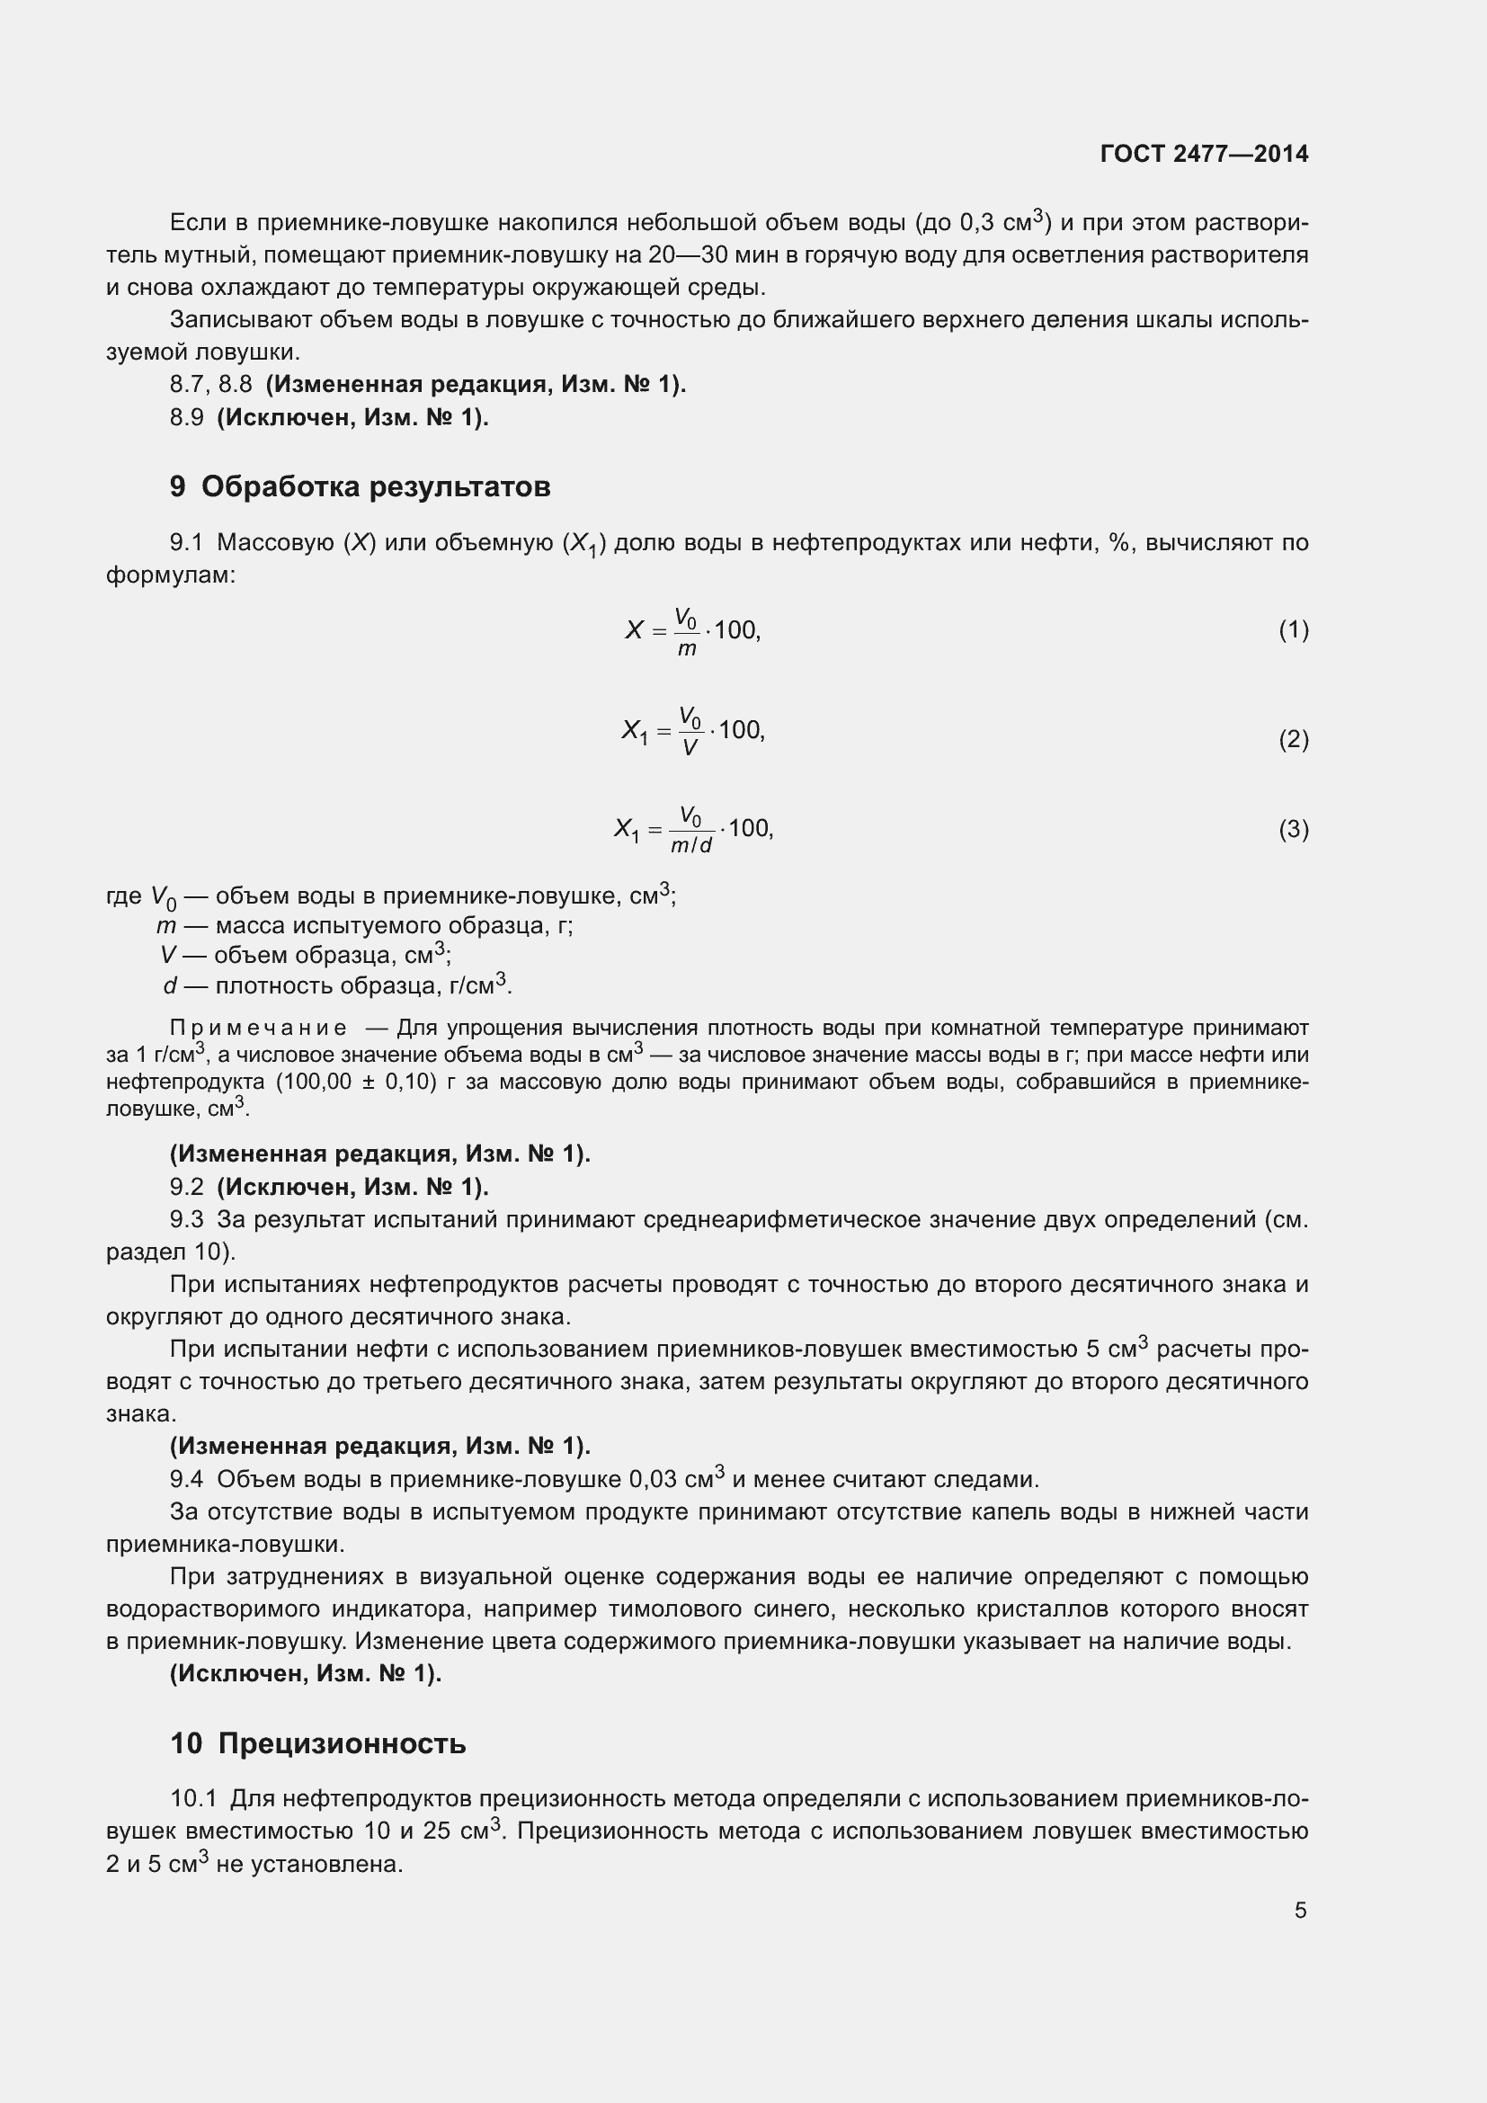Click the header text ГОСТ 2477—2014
[1203, 154]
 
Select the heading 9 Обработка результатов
[360, 486]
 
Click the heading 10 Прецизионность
[317, 1744]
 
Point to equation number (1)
[1293, 630]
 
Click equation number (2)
[1293, 739]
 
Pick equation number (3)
[1293, 829]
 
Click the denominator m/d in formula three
[690, 845]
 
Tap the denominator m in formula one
[687, 649]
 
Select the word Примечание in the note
[258, 1028]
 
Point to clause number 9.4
[186, 1480]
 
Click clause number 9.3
[186, 1220]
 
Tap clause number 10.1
[192, 1799]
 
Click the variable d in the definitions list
[169, 986]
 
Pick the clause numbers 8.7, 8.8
[210, 385]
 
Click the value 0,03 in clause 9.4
[653, 1480]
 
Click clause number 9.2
[186, 1187]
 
